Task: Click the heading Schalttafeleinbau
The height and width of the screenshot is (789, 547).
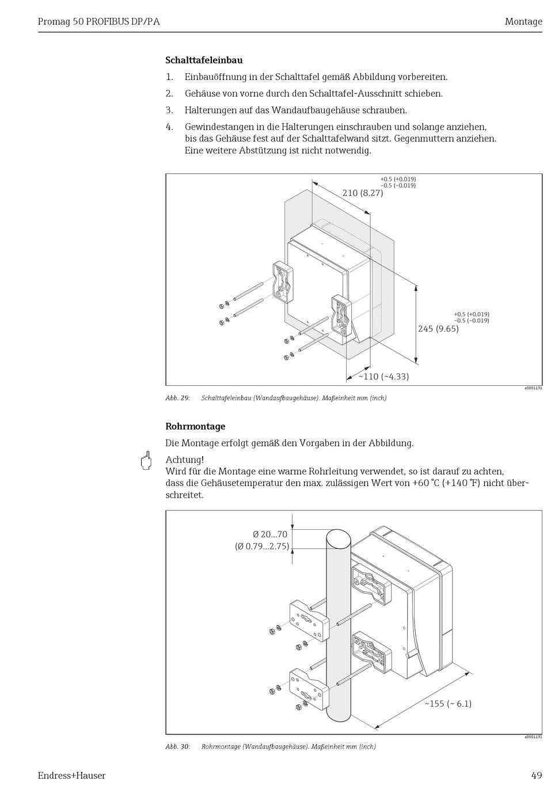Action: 204,60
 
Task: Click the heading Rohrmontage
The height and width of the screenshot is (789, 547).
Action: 195,426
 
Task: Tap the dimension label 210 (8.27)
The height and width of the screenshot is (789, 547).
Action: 363,193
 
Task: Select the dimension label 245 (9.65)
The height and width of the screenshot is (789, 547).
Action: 438,329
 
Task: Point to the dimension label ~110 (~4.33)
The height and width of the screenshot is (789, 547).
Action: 383,377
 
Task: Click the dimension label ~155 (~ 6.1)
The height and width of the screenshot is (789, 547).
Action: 448,703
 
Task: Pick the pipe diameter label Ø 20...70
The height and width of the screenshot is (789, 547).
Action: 269,534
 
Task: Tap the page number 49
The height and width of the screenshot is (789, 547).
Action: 536,775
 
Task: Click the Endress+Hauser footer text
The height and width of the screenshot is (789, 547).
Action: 71,775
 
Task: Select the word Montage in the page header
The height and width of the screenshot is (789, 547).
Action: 523,22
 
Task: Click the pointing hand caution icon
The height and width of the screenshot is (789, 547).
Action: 146,461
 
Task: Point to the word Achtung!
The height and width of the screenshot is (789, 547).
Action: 184,460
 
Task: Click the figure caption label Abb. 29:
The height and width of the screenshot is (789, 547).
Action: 177,398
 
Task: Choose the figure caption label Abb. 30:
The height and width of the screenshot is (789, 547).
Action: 177,746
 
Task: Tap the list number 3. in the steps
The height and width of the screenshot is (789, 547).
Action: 169,110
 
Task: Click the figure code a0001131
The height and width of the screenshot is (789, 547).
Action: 533,389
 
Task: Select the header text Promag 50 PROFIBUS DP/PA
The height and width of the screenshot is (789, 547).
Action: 98,22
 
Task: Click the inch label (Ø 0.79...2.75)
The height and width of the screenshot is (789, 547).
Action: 262,546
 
